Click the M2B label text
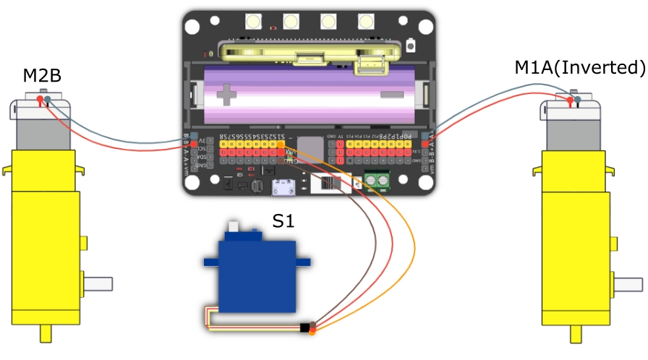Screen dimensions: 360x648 pos(42,74)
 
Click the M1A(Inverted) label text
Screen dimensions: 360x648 pos(579,68)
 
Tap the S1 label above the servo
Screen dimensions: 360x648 pos(283,221)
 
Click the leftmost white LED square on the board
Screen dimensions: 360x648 pos(254,21)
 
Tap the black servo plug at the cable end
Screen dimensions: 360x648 pos(305,329)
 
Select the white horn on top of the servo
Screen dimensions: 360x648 pos(235,230)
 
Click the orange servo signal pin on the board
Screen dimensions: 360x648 pos(281,145)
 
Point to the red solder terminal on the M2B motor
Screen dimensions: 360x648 pos(39,100)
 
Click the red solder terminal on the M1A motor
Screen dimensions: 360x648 pos(570,103)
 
